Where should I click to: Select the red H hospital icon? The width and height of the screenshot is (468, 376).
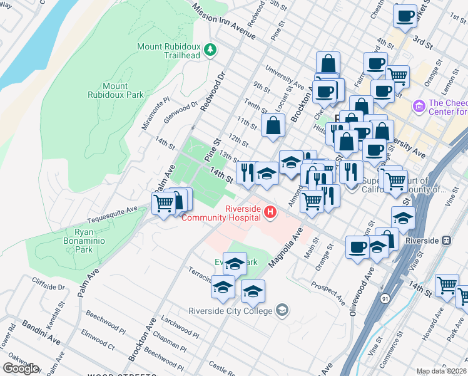(x=270, y=213)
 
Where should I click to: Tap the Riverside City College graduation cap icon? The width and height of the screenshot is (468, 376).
(x=282, y=311)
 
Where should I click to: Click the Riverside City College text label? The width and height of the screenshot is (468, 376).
(x=230, y=311)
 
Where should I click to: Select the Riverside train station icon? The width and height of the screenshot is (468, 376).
(x=446, y=241)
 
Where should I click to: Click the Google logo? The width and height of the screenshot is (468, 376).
(x=21, y=368)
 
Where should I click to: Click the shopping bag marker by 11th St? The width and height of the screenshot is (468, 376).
(x=273, y=125)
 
